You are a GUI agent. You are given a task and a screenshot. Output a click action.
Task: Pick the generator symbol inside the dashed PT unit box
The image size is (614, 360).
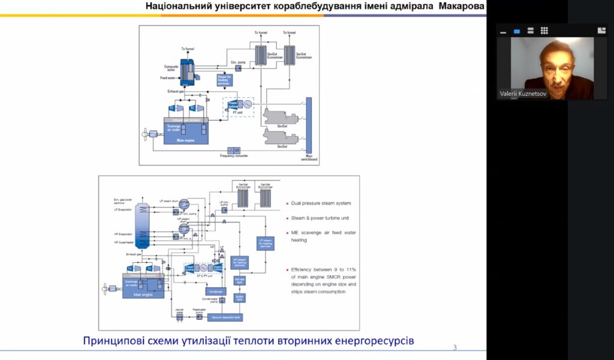pyautogui.click(x=246, y=104)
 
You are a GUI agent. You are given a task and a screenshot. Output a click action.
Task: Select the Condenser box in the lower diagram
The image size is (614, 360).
pyautogui.click(x=216, y=292)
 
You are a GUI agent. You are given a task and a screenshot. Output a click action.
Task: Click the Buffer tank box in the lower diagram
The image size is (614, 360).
pyautogui.click(x=240, y=297)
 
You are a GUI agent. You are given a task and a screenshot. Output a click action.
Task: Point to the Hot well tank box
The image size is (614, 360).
pyautogui.click(x=240, y=281)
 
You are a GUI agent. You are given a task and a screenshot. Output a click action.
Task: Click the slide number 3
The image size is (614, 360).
pyautogui.click(x=455, y=347)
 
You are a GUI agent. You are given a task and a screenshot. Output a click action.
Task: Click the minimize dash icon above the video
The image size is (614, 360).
pyautogui.click(x=503, y=31)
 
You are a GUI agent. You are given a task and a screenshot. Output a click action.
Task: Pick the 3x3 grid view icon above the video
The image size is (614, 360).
pyautogui.click(x=544, y=31)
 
